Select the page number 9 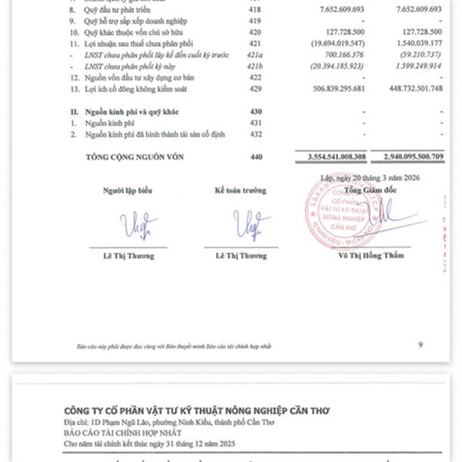point(420,344)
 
